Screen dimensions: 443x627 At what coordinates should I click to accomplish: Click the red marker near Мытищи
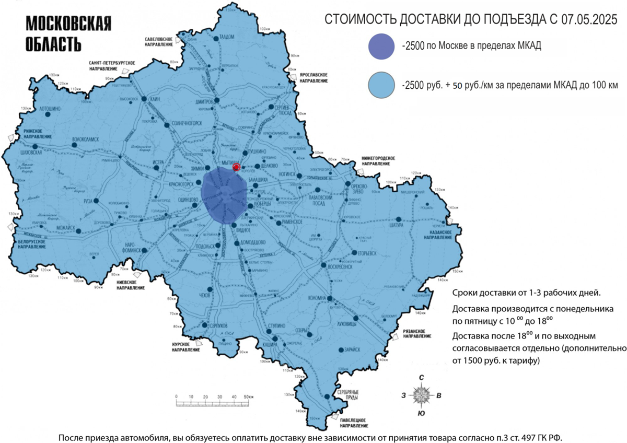[236, 167]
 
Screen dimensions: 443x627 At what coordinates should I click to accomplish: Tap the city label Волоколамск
[85, 140]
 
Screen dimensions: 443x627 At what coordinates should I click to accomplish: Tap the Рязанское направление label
[416, 334]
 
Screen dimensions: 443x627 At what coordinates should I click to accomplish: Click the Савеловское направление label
[159, 42]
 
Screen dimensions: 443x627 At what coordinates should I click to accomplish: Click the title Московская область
[68, 33]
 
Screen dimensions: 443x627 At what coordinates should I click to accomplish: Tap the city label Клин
[154, 99]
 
